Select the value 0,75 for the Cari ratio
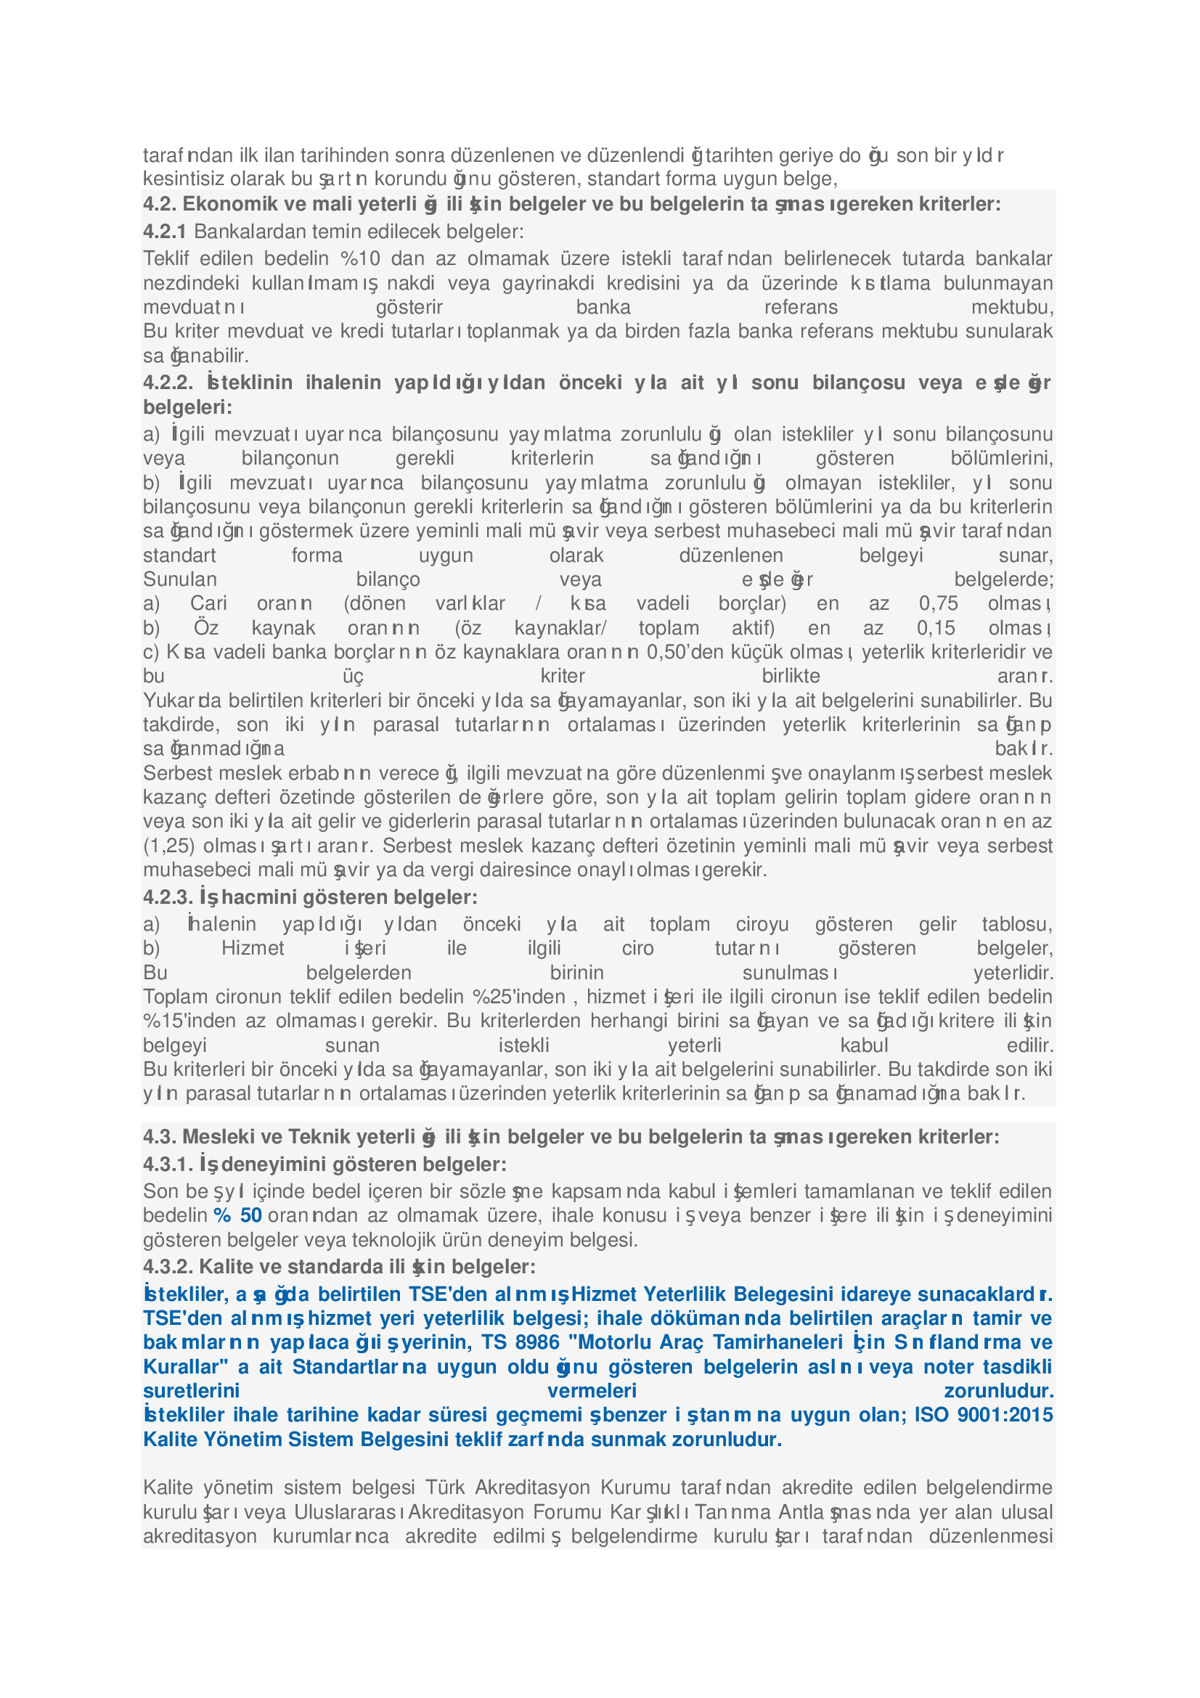[x=938, y=603]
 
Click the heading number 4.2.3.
[x=168, y=897]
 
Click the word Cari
[x=208, y=603]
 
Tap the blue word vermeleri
[x=592, y=1390]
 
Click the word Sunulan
[x=179, y=579]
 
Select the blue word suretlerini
[x=191, y=1390]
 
